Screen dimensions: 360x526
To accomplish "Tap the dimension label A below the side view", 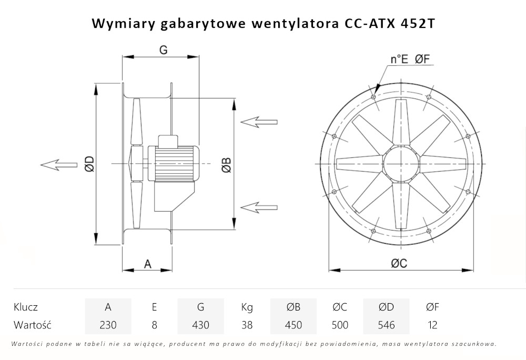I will (148, 264).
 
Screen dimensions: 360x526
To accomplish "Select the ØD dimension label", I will (88, 165).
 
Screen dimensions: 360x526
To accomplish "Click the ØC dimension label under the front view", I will (399, 264).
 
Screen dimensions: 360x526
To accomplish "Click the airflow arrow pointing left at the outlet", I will (58, 165).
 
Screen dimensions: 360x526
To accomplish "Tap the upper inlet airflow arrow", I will (258, 122).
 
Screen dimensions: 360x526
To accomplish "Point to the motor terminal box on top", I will (169, 141).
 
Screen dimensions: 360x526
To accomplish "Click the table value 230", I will (108, 325).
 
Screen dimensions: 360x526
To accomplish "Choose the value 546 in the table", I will (386, 325).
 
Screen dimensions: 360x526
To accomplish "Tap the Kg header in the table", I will (247, 307).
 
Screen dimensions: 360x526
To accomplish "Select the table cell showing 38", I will (247, 325).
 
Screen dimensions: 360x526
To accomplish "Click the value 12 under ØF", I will (432, 325).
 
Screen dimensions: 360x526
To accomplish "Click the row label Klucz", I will (26, 307).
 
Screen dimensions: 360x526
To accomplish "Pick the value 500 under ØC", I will (340, 325).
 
